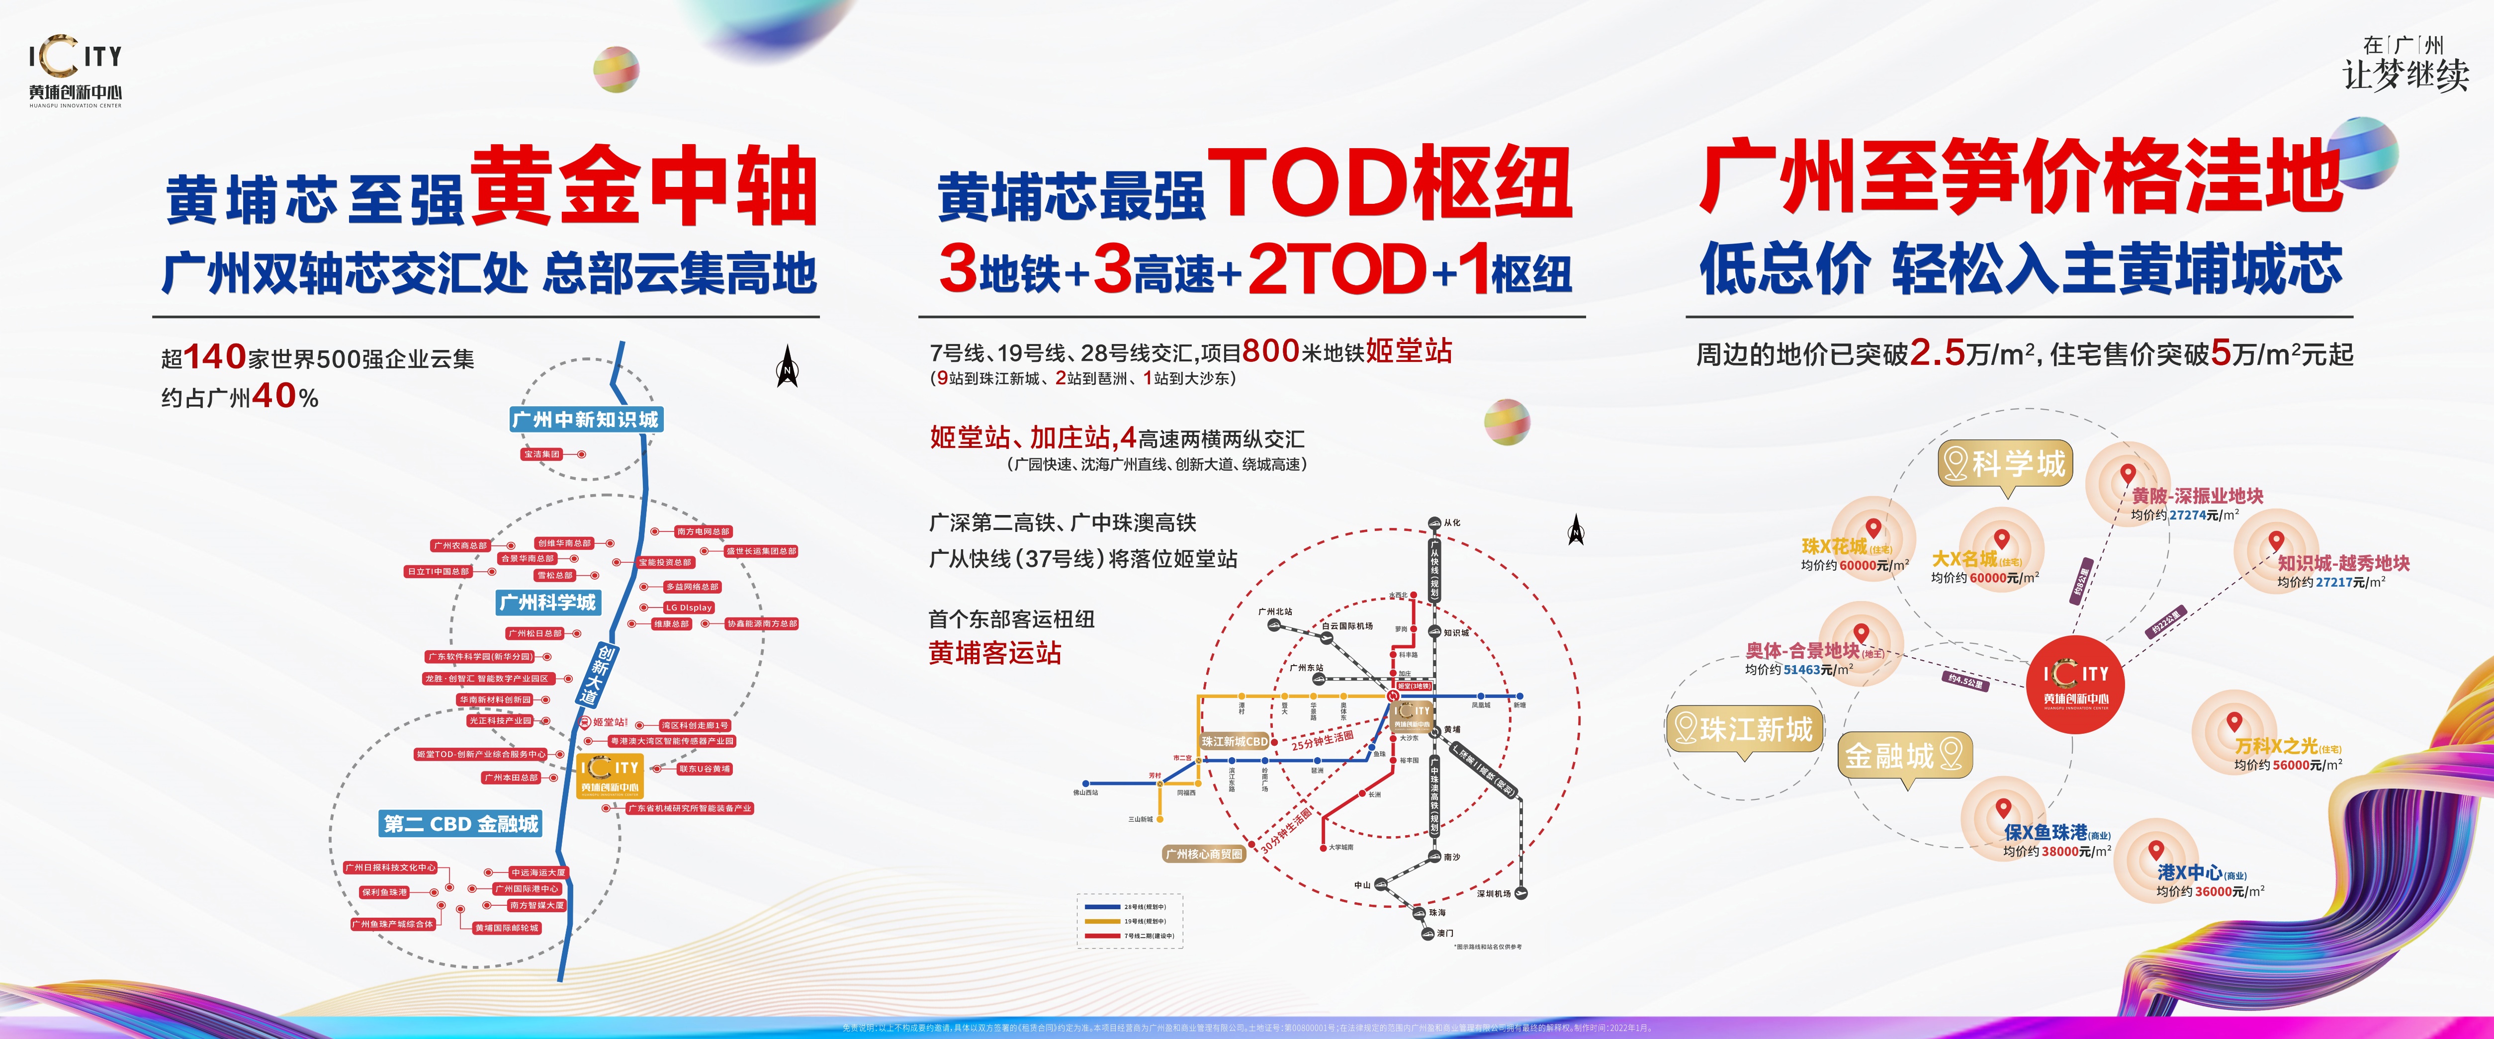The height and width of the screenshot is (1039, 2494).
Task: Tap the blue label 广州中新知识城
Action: (x=585, y=419)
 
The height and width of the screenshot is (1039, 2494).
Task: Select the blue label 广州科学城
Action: (x=548, y=603)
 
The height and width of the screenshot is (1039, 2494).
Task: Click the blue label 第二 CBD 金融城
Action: (x=461, y=824)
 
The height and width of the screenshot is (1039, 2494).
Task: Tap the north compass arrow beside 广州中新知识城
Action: (x=788, y=368)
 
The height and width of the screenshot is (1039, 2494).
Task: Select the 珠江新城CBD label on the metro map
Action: (x=1235, y=742)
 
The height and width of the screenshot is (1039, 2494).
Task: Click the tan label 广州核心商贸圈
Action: (x=1203, y=854)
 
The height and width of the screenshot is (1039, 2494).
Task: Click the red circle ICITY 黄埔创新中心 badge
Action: (x=2076, y=685)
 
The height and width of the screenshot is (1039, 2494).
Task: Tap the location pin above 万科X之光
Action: (x=2234, y=721)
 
